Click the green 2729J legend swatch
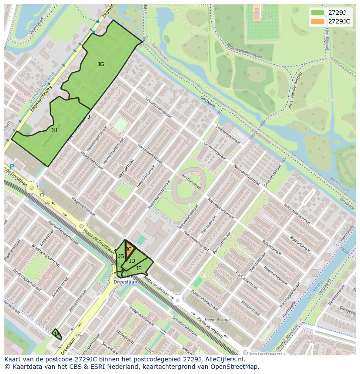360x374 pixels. (x=318, y=12)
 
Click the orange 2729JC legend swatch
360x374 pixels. (x=318, y=21)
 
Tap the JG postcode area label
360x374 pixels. (x=101, y=64)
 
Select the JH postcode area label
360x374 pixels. (x=54, y=130)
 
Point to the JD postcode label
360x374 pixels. (x=132, y=261)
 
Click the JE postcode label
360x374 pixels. (x=139, y=268)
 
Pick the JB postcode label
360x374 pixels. (x=121, y=256)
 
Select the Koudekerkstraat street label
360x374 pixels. (x=150, y=153)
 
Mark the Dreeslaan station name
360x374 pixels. (x=125, y=282)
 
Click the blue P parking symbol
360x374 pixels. (x=12, y=167)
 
